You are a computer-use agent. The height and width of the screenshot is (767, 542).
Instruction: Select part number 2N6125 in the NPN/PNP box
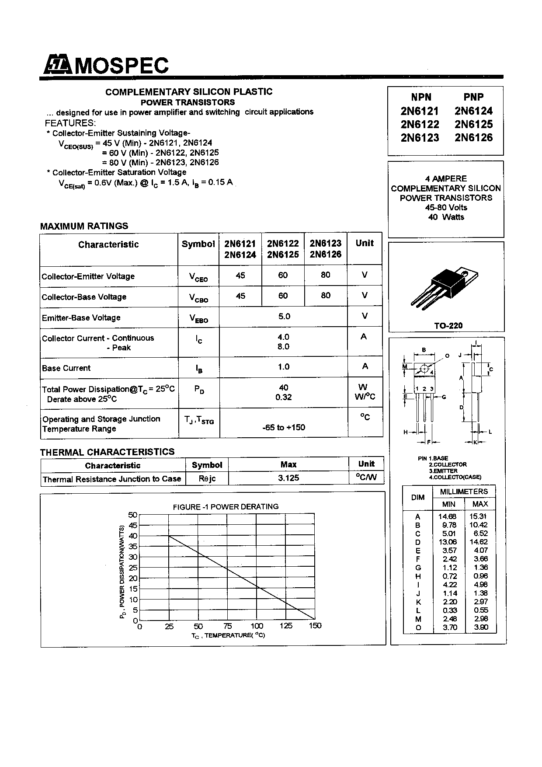pyautogui.click(x=473, y=124)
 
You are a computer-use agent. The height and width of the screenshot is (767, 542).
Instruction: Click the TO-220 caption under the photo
pyautogui.click(x=448, y=325)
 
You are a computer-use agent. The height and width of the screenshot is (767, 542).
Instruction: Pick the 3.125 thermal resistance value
pyautogui.click(x=288, y=478)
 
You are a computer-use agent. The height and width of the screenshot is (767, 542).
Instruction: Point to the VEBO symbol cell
pyautogui.click(x=198, y=318)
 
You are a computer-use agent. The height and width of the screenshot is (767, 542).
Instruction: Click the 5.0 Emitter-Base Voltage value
pyautogui.click(x=284, y=316)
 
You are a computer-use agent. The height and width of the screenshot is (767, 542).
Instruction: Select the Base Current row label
pyautogui.click(x=66, y=368)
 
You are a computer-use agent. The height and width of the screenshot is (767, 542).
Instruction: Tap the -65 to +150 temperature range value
pyautogui.click(x=284, y=427)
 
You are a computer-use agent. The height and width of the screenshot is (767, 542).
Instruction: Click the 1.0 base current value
pyautogui.click(x=284, y=367)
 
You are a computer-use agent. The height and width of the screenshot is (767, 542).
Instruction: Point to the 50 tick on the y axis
pyautogui.click(x=133, y=515)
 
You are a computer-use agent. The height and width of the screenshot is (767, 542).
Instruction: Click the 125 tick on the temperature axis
pyautogui.click(x=286, y=626)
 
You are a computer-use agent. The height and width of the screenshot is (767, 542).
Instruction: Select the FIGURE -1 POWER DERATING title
pyautogui.click(x=226, y=506)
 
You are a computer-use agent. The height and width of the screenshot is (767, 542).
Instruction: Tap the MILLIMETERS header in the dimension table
pyautogui.click(x=464, y=492)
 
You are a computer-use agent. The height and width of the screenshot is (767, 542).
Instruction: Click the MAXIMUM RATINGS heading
pyautogui.click(x=84, y=226)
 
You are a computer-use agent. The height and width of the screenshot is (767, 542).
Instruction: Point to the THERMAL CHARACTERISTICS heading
pyautogui.click(x=107, y=452)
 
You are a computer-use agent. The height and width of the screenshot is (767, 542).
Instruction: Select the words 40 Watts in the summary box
pyautogui.click(x=446, y=217)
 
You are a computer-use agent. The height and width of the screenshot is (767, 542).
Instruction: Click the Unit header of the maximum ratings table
pyautogui.click(x=365, y=243)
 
